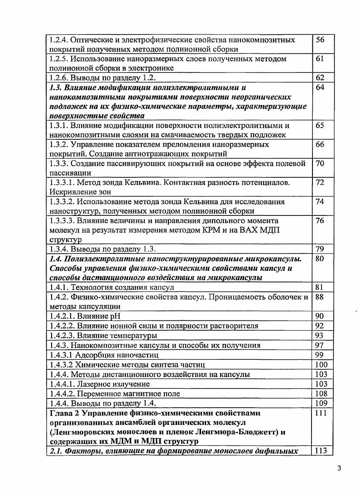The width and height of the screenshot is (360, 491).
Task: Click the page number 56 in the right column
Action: pyautogui.click(x=320, y=40)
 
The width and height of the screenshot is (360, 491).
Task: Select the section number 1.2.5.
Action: pyautogui.click(x=60, y=59)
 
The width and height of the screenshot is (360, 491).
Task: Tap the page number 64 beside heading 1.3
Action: pyautogui.click(x=320, y=87)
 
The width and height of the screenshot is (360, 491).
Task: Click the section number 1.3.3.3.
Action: pyautogui.click(x=63, y=221)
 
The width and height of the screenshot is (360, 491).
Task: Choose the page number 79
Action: pyautogui.click(x=320, y=249)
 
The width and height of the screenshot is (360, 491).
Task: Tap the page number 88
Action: pyautogui.click(x=320, y=297)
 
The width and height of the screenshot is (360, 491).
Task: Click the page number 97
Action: pyautogui.click(x=320, y=345)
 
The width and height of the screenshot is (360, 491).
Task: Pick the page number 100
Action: pyautogui.click(x=321, y=364)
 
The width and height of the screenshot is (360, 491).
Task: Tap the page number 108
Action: pyautogui.click(x=321, y=393)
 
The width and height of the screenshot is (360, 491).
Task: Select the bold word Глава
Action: pyautogui.click(x=62, y=413)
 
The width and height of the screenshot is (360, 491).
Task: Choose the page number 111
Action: pyautogui.click(x=321, y=413)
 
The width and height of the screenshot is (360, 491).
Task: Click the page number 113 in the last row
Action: pyautogui.click(x=321, y=450)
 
